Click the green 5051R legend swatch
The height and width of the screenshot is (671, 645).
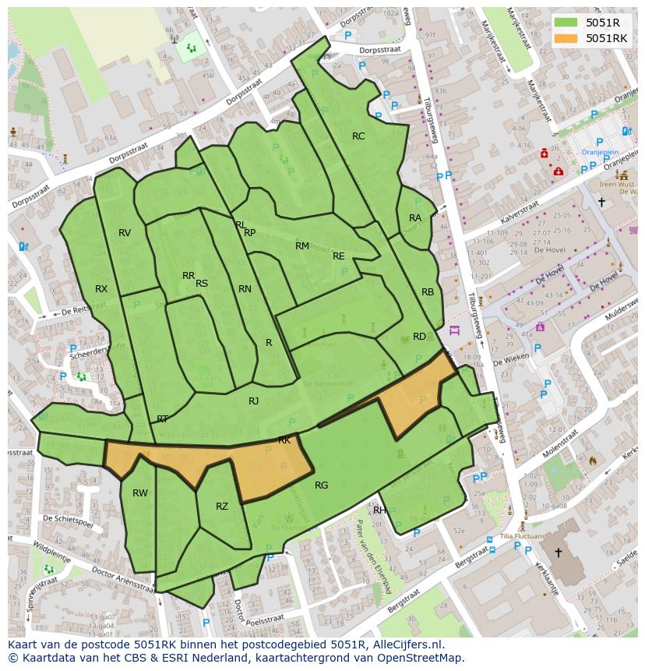point(567,23)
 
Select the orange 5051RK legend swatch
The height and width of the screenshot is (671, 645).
point(567,38)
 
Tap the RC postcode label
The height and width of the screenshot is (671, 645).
point(358,136)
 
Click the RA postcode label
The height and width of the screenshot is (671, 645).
point(415,218)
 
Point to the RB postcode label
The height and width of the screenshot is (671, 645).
point(428,292)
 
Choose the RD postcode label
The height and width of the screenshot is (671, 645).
point(419,337)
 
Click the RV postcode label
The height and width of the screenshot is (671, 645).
point(125,233)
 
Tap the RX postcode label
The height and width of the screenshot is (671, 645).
point(101,289)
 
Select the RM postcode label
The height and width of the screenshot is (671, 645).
point(302,246)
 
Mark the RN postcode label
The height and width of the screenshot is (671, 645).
point(245,289)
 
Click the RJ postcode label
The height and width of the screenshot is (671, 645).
point(253,401)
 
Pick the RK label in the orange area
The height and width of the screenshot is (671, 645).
point(284,440)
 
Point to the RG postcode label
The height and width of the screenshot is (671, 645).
point(321,486)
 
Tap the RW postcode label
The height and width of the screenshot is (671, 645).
point(140,493)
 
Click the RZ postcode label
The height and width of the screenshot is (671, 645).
point(222,507)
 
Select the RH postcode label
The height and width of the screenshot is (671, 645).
point(379,510)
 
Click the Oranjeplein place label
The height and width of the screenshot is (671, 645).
point(601,153)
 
